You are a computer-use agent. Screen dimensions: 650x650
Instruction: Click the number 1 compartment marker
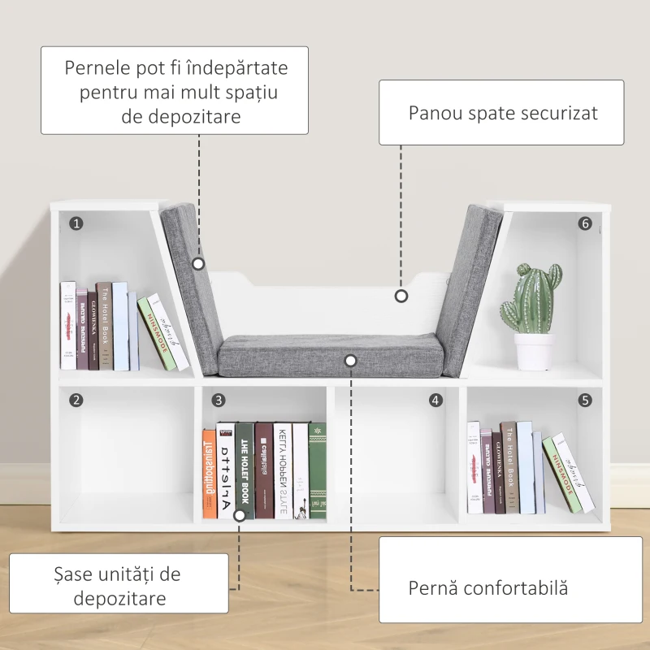click(76, 223)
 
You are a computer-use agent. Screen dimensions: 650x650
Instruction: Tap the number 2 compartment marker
click(76, 400)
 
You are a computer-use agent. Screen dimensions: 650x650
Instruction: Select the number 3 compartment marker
click(219, 400)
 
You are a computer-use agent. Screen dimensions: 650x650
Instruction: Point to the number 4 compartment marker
click(436, 400)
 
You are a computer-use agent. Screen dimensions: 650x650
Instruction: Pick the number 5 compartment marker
click(585, 400)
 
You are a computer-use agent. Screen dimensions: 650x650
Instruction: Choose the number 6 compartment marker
click(585, 223)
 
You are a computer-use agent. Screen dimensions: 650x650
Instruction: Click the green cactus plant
click(533, 297)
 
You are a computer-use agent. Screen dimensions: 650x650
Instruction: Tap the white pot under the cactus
click(534, 351)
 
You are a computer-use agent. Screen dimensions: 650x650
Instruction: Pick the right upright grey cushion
click(471, 284)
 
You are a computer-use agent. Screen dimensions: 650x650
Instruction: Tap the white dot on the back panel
click(401, 297)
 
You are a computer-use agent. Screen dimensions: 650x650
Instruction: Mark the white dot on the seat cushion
click(350, 359)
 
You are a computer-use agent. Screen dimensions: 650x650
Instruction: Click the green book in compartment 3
click(318, 471)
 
